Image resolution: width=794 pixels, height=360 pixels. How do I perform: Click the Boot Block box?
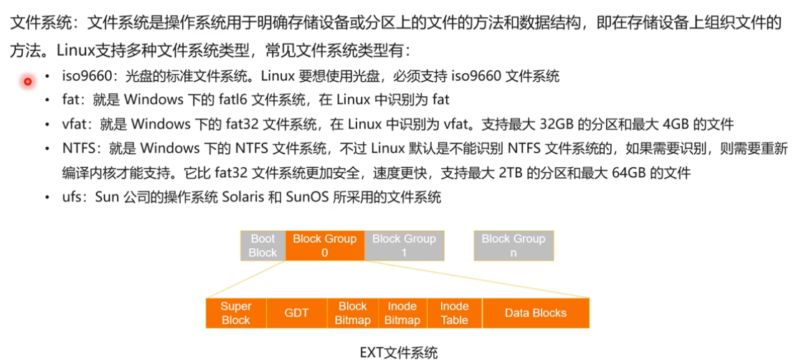[x=263, y=245]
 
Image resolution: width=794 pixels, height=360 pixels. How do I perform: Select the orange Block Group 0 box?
[x=324, y=245]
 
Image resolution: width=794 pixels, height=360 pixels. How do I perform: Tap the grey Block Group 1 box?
[x=404, y=245]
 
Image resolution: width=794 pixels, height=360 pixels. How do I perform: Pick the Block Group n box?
[x=513, y=245]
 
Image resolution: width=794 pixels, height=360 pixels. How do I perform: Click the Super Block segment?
[x=235, y=313]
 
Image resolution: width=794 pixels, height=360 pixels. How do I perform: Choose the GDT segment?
[x=296, y=313]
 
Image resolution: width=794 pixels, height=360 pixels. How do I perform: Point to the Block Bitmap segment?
[x=352, y=313]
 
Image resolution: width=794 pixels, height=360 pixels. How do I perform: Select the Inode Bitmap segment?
[x=402, y=313]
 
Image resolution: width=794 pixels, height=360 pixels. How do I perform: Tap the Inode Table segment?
[x=454, y=313]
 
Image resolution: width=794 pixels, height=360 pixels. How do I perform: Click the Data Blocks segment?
[x=535, y=313]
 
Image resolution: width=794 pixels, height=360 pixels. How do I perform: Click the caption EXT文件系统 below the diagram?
[x=398, y=351]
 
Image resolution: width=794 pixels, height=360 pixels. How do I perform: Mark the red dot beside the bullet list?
[x=28, y=81]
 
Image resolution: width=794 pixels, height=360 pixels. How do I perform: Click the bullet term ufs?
[x=73, y=197]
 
